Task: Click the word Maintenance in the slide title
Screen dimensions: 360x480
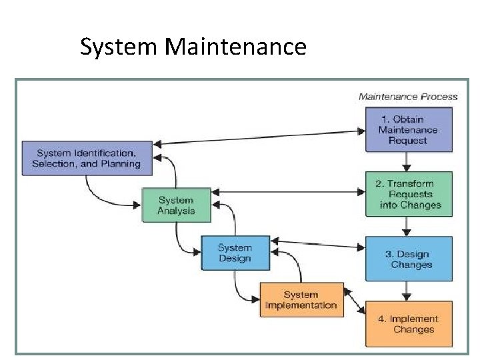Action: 235,47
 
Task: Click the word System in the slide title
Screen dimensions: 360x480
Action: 118,47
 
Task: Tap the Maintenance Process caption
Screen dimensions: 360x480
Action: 408,97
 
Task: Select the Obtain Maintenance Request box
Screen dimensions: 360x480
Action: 408,130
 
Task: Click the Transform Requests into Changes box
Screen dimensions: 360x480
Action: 408,194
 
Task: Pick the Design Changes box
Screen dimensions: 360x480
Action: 408,259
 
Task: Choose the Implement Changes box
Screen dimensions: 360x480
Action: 408,324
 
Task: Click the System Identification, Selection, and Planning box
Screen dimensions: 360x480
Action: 87,158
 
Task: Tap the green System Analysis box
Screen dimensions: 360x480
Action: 176,205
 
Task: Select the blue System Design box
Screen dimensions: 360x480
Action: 235,253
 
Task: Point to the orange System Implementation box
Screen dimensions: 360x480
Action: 301,300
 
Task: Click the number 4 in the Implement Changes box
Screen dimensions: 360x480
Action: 382,319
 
